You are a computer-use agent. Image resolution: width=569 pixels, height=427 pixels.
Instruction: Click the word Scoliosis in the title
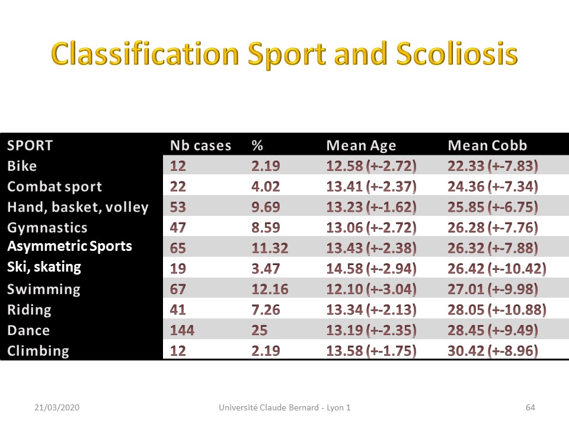click(456, 54)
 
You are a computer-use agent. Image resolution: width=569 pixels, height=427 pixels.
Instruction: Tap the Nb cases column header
click(201, 145)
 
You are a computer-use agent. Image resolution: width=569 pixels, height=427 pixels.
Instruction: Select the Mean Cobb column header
click(487, 145)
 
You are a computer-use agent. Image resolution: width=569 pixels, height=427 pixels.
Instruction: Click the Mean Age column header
click(361, 146)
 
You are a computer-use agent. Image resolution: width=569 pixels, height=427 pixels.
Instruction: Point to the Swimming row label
click(43, 289)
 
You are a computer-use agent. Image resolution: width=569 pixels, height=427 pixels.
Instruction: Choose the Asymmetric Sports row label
click(70, 246)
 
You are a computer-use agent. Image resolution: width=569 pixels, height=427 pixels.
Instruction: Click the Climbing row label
click(38, 351)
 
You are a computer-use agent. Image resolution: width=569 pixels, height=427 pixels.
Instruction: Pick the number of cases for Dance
click(182, 330)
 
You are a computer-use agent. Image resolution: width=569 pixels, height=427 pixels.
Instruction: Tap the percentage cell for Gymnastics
click(266, 228)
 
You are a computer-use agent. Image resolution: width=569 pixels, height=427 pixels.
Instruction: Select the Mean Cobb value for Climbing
click(493, 350)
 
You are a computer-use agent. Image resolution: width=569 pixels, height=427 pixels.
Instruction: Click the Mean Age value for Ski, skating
click(371, 269)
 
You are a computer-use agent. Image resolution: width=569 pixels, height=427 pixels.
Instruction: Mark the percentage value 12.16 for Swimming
click(270, 289)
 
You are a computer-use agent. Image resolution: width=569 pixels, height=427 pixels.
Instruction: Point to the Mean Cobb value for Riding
click(497, 310)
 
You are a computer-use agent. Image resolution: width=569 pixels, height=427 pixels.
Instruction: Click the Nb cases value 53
click(178, 207)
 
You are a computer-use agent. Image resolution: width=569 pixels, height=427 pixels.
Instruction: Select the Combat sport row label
click(55, 187)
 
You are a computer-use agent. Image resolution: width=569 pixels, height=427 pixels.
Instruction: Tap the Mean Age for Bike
click(371, 166)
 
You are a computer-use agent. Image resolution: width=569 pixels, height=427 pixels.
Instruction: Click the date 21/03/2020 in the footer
click(57, 407)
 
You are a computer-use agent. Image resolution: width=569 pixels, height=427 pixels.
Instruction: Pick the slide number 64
click(530, 407)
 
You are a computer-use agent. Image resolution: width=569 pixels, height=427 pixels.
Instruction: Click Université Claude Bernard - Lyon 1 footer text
click(284, 407)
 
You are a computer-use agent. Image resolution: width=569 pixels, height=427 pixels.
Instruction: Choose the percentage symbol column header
click(257, 145)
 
